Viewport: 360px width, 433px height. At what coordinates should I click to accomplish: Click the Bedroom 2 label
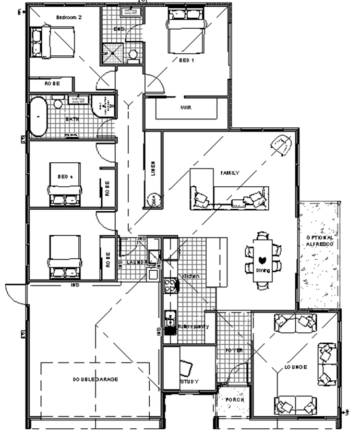point(69,17)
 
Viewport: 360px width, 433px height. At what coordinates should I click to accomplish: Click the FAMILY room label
point(230,173)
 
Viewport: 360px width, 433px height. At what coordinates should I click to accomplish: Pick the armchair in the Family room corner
point(281,145)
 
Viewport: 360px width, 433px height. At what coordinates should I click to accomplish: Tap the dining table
point(262,259)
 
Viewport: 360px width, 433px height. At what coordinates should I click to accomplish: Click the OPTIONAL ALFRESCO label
point(320,240)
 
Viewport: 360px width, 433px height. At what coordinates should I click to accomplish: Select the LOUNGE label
point(296,367)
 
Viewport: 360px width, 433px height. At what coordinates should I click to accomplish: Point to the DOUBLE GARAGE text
point(95,379)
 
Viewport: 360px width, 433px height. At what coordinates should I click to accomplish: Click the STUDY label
point(189,382)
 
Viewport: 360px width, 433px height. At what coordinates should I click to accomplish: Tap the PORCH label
point(231,401)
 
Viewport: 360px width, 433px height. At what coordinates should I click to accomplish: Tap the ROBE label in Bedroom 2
point(52,83)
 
